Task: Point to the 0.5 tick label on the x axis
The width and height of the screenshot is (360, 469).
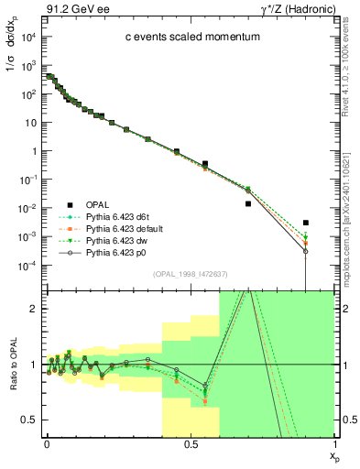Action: coord(190,443)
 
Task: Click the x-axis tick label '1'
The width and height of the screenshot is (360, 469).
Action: coord(333,443)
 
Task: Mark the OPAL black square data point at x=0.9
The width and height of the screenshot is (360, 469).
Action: coord(306,223)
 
